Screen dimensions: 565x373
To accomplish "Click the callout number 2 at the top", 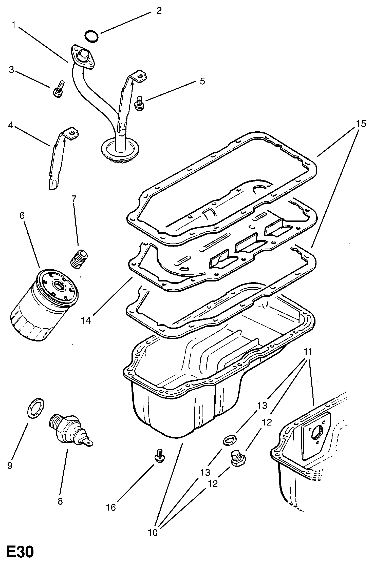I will (x=159, y=11).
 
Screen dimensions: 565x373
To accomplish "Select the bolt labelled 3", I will (x=59, y=89).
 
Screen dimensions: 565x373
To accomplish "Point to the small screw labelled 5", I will (x=139, y=103).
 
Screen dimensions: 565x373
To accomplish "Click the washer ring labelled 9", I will (x=35, y=408).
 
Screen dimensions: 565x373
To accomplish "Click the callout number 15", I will (x=361, y=124).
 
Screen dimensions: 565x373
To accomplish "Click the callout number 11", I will (x=308, y=352).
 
